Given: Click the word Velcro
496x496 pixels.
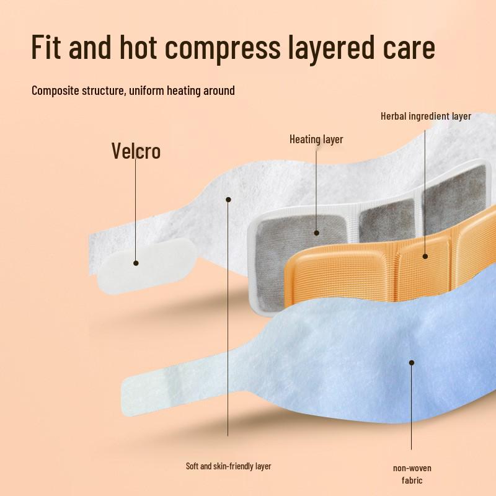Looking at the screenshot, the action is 136,151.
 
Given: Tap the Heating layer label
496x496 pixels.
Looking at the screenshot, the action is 316,139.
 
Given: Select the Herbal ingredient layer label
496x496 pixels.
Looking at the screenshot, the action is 426,116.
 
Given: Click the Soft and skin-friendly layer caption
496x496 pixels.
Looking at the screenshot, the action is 228,466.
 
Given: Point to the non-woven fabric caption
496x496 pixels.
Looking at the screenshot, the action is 412,474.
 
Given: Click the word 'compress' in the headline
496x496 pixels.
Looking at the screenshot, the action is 223,48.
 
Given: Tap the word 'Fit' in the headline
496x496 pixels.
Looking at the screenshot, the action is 46,46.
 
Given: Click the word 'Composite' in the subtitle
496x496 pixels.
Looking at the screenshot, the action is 55,91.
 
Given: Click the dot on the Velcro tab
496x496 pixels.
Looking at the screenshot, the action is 136,263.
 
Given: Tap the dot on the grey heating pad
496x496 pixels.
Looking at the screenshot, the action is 316,233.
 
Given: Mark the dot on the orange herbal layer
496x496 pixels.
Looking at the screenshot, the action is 425,256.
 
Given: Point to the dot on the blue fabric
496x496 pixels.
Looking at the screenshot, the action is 412,363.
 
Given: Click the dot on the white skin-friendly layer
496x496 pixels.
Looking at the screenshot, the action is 228,199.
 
